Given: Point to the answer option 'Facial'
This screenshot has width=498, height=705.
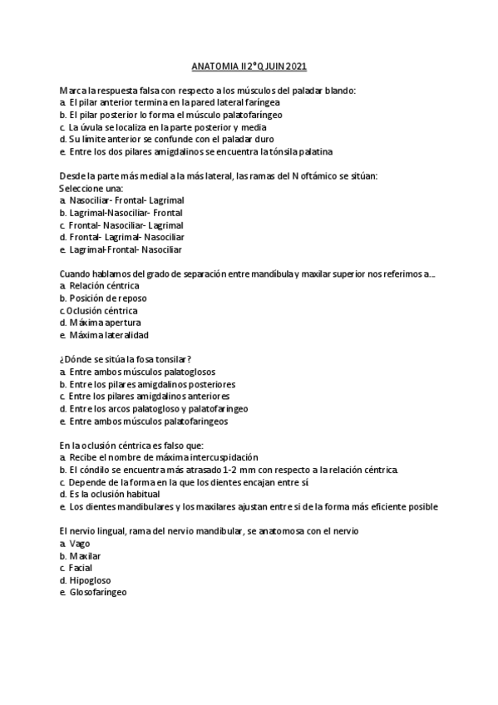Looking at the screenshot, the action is click(x=81, y=567).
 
